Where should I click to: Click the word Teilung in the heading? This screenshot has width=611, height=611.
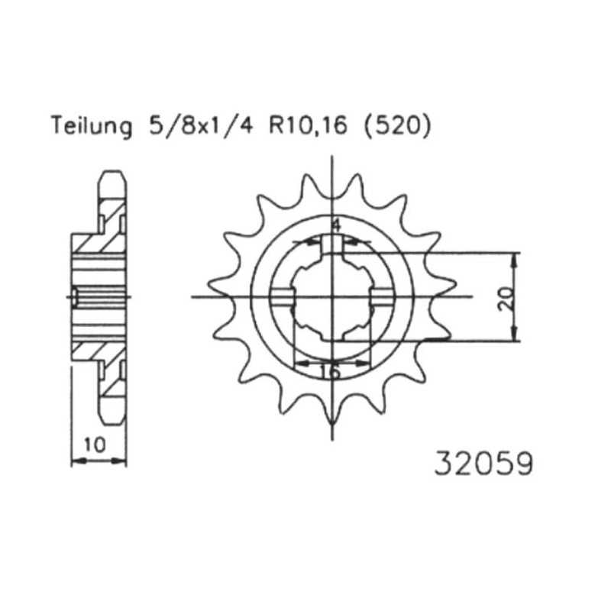coord(92,125)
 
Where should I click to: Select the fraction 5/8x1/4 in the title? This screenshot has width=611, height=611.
coord(202,125)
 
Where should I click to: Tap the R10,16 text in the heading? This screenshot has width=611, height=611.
coord(308,126)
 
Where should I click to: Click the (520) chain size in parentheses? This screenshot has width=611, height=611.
coord(397,126)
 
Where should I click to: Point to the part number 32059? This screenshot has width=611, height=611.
coord(483,464)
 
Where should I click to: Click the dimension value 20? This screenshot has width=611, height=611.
coord(506,299)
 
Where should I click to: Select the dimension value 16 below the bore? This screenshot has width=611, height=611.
coord(330,371)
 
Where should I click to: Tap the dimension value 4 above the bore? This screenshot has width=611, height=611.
coord(335,225)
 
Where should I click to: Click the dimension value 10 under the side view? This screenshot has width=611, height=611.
coord(95,445)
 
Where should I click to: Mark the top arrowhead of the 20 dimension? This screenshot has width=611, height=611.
coord(515,259)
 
